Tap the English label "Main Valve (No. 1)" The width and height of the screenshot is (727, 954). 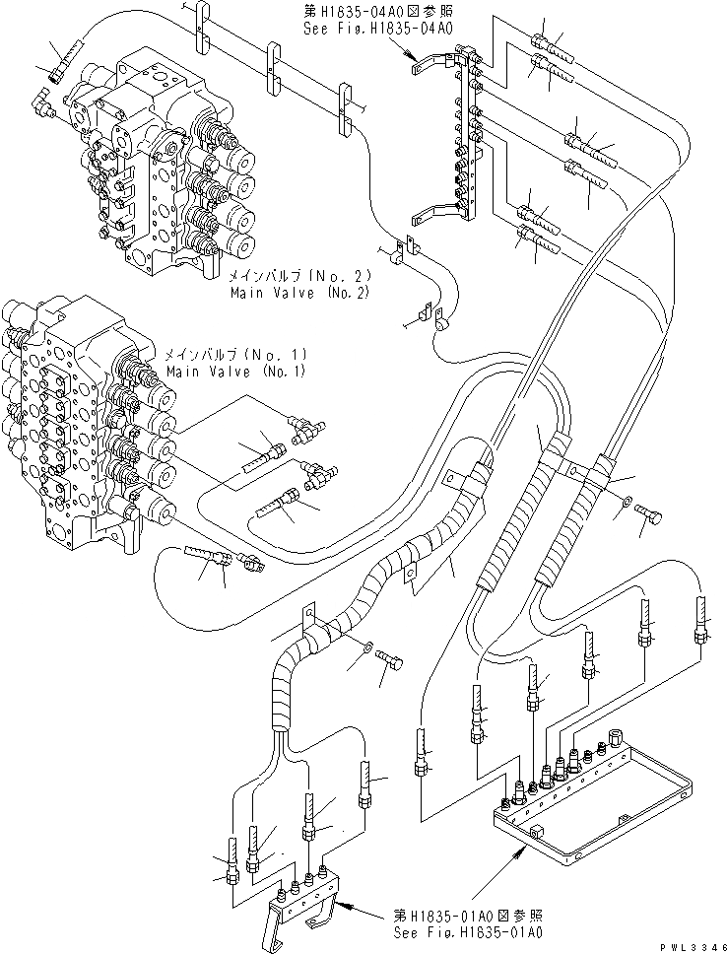point(235,372)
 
